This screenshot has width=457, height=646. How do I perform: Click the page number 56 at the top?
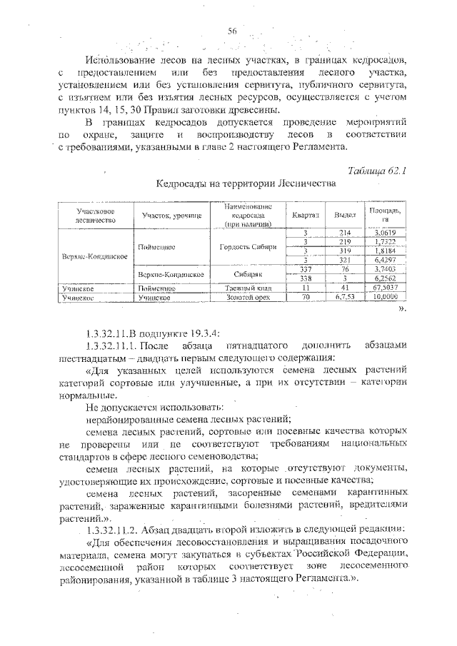coord(232,30)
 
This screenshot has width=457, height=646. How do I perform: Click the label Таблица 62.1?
coord(376,170)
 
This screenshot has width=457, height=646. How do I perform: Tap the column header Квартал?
coord(305,214)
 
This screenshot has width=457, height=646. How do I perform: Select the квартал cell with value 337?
coord(305,270)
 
